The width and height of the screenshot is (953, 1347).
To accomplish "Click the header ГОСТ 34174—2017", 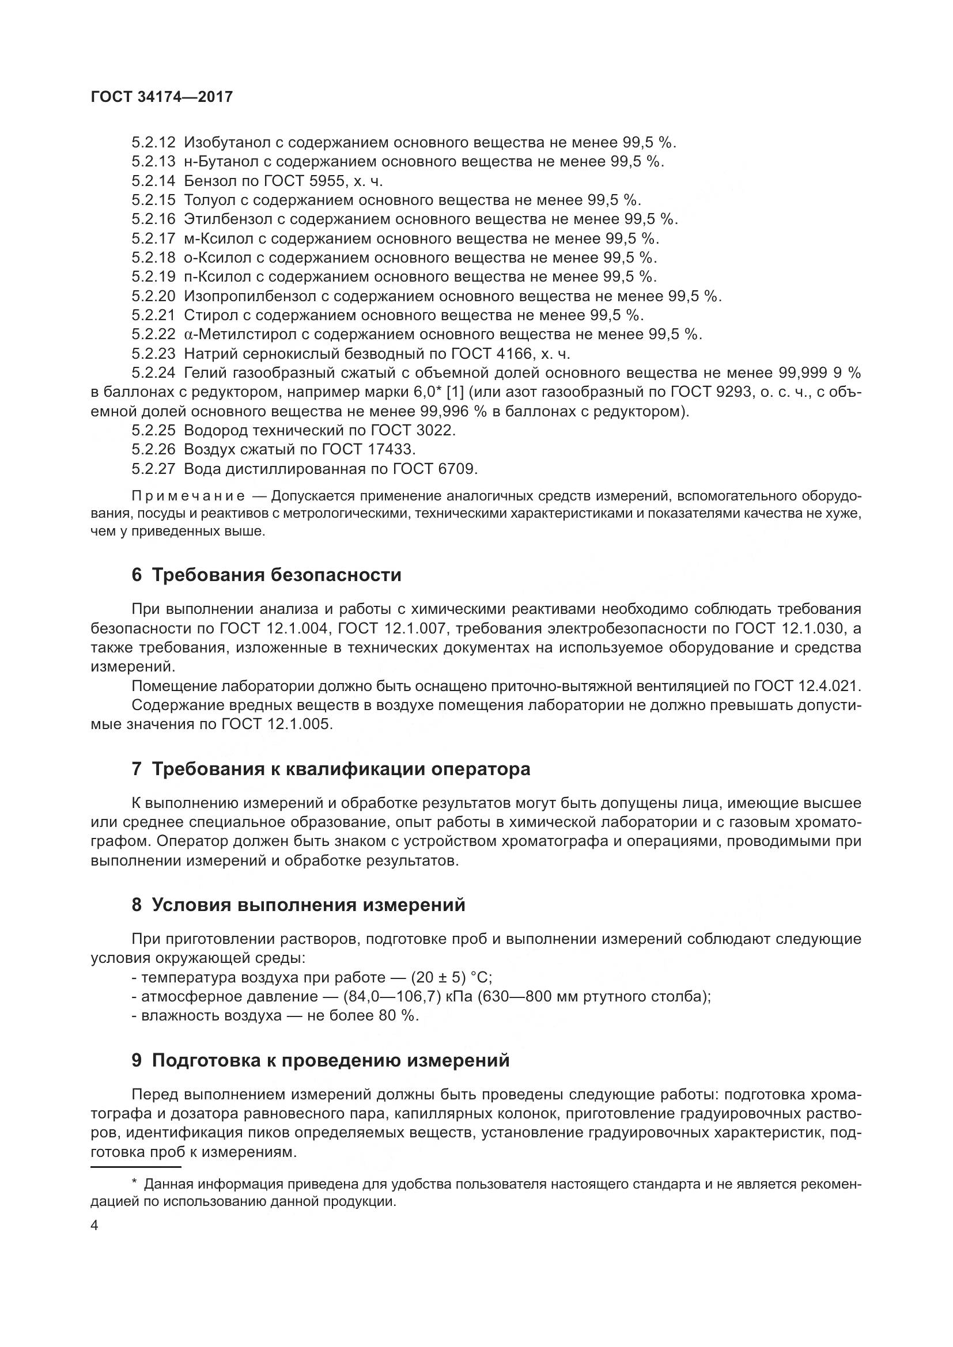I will [162, 97].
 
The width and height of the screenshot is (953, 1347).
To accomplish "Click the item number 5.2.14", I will [154, 181].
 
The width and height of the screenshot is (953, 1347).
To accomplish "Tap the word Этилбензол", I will [234, 219].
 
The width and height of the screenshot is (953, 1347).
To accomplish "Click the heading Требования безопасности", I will [277, 575].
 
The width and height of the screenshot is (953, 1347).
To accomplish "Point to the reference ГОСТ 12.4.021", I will [807, 686].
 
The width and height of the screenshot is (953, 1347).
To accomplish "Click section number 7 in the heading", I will [137, 769].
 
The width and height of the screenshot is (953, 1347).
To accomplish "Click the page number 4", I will [94, 1225].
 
